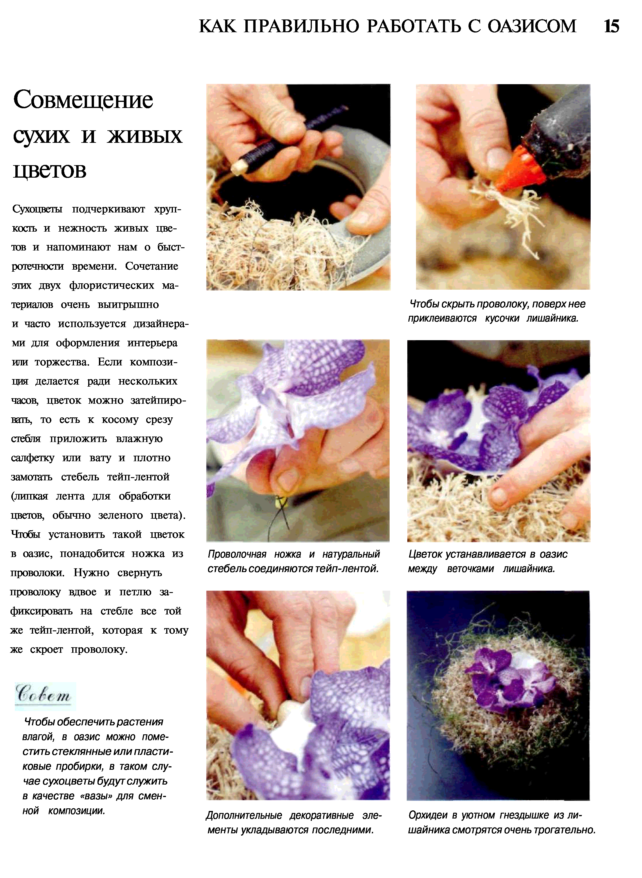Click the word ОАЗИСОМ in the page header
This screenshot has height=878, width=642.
pyautogui.click(x=532, y=26)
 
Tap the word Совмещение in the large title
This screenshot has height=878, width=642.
pyautogui.click(x=83, y=101)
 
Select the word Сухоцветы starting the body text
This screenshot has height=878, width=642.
pyautogui.click(x=37, y=209)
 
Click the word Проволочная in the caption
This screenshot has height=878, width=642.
pyautogui.click(x=237, y=554)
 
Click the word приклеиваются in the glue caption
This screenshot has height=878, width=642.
pyautogui.click(x=442, y=318)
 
